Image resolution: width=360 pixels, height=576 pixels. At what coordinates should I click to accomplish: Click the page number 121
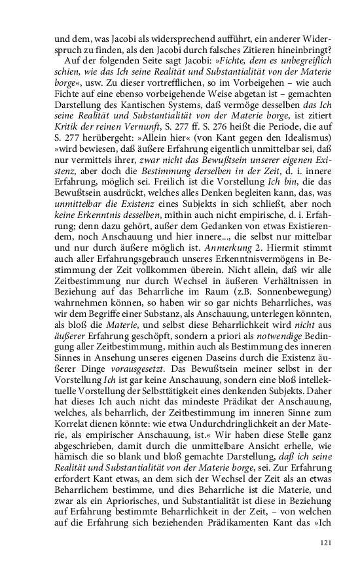coord(327,543)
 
